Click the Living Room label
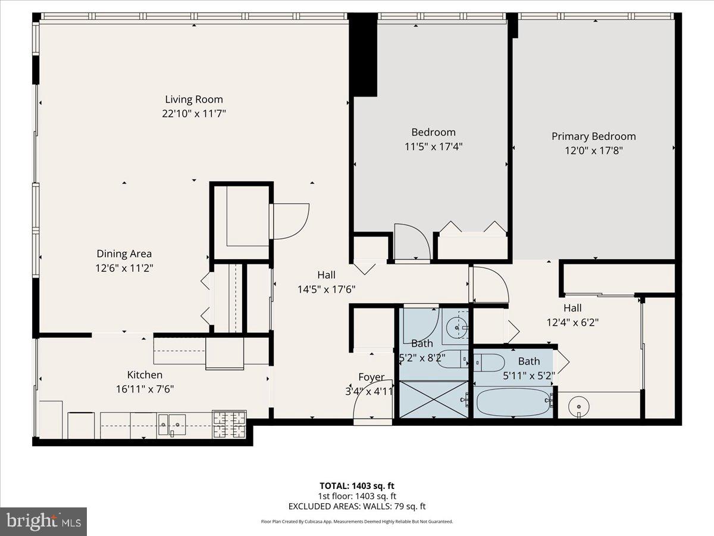click(194, 99)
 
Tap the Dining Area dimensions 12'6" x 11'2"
click(124, 269)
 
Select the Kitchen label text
click(145, 375)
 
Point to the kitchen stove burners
click(229, 424)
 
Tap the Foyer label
click(371, 377)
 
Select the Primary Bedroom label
click(593, 136)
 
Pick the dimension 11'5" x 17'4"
click(433, 147)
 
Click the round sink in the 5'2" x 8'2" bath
click(458, 326)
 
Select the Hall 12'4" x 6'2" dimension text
click(572, 323)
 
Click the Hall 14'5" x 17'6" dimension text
click(326, 289)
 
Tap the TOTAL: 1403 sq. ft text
click(356, 485)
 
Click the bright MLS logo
click(43, 521)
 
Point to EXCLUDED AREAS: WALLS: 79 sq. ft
click(356, 507)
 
